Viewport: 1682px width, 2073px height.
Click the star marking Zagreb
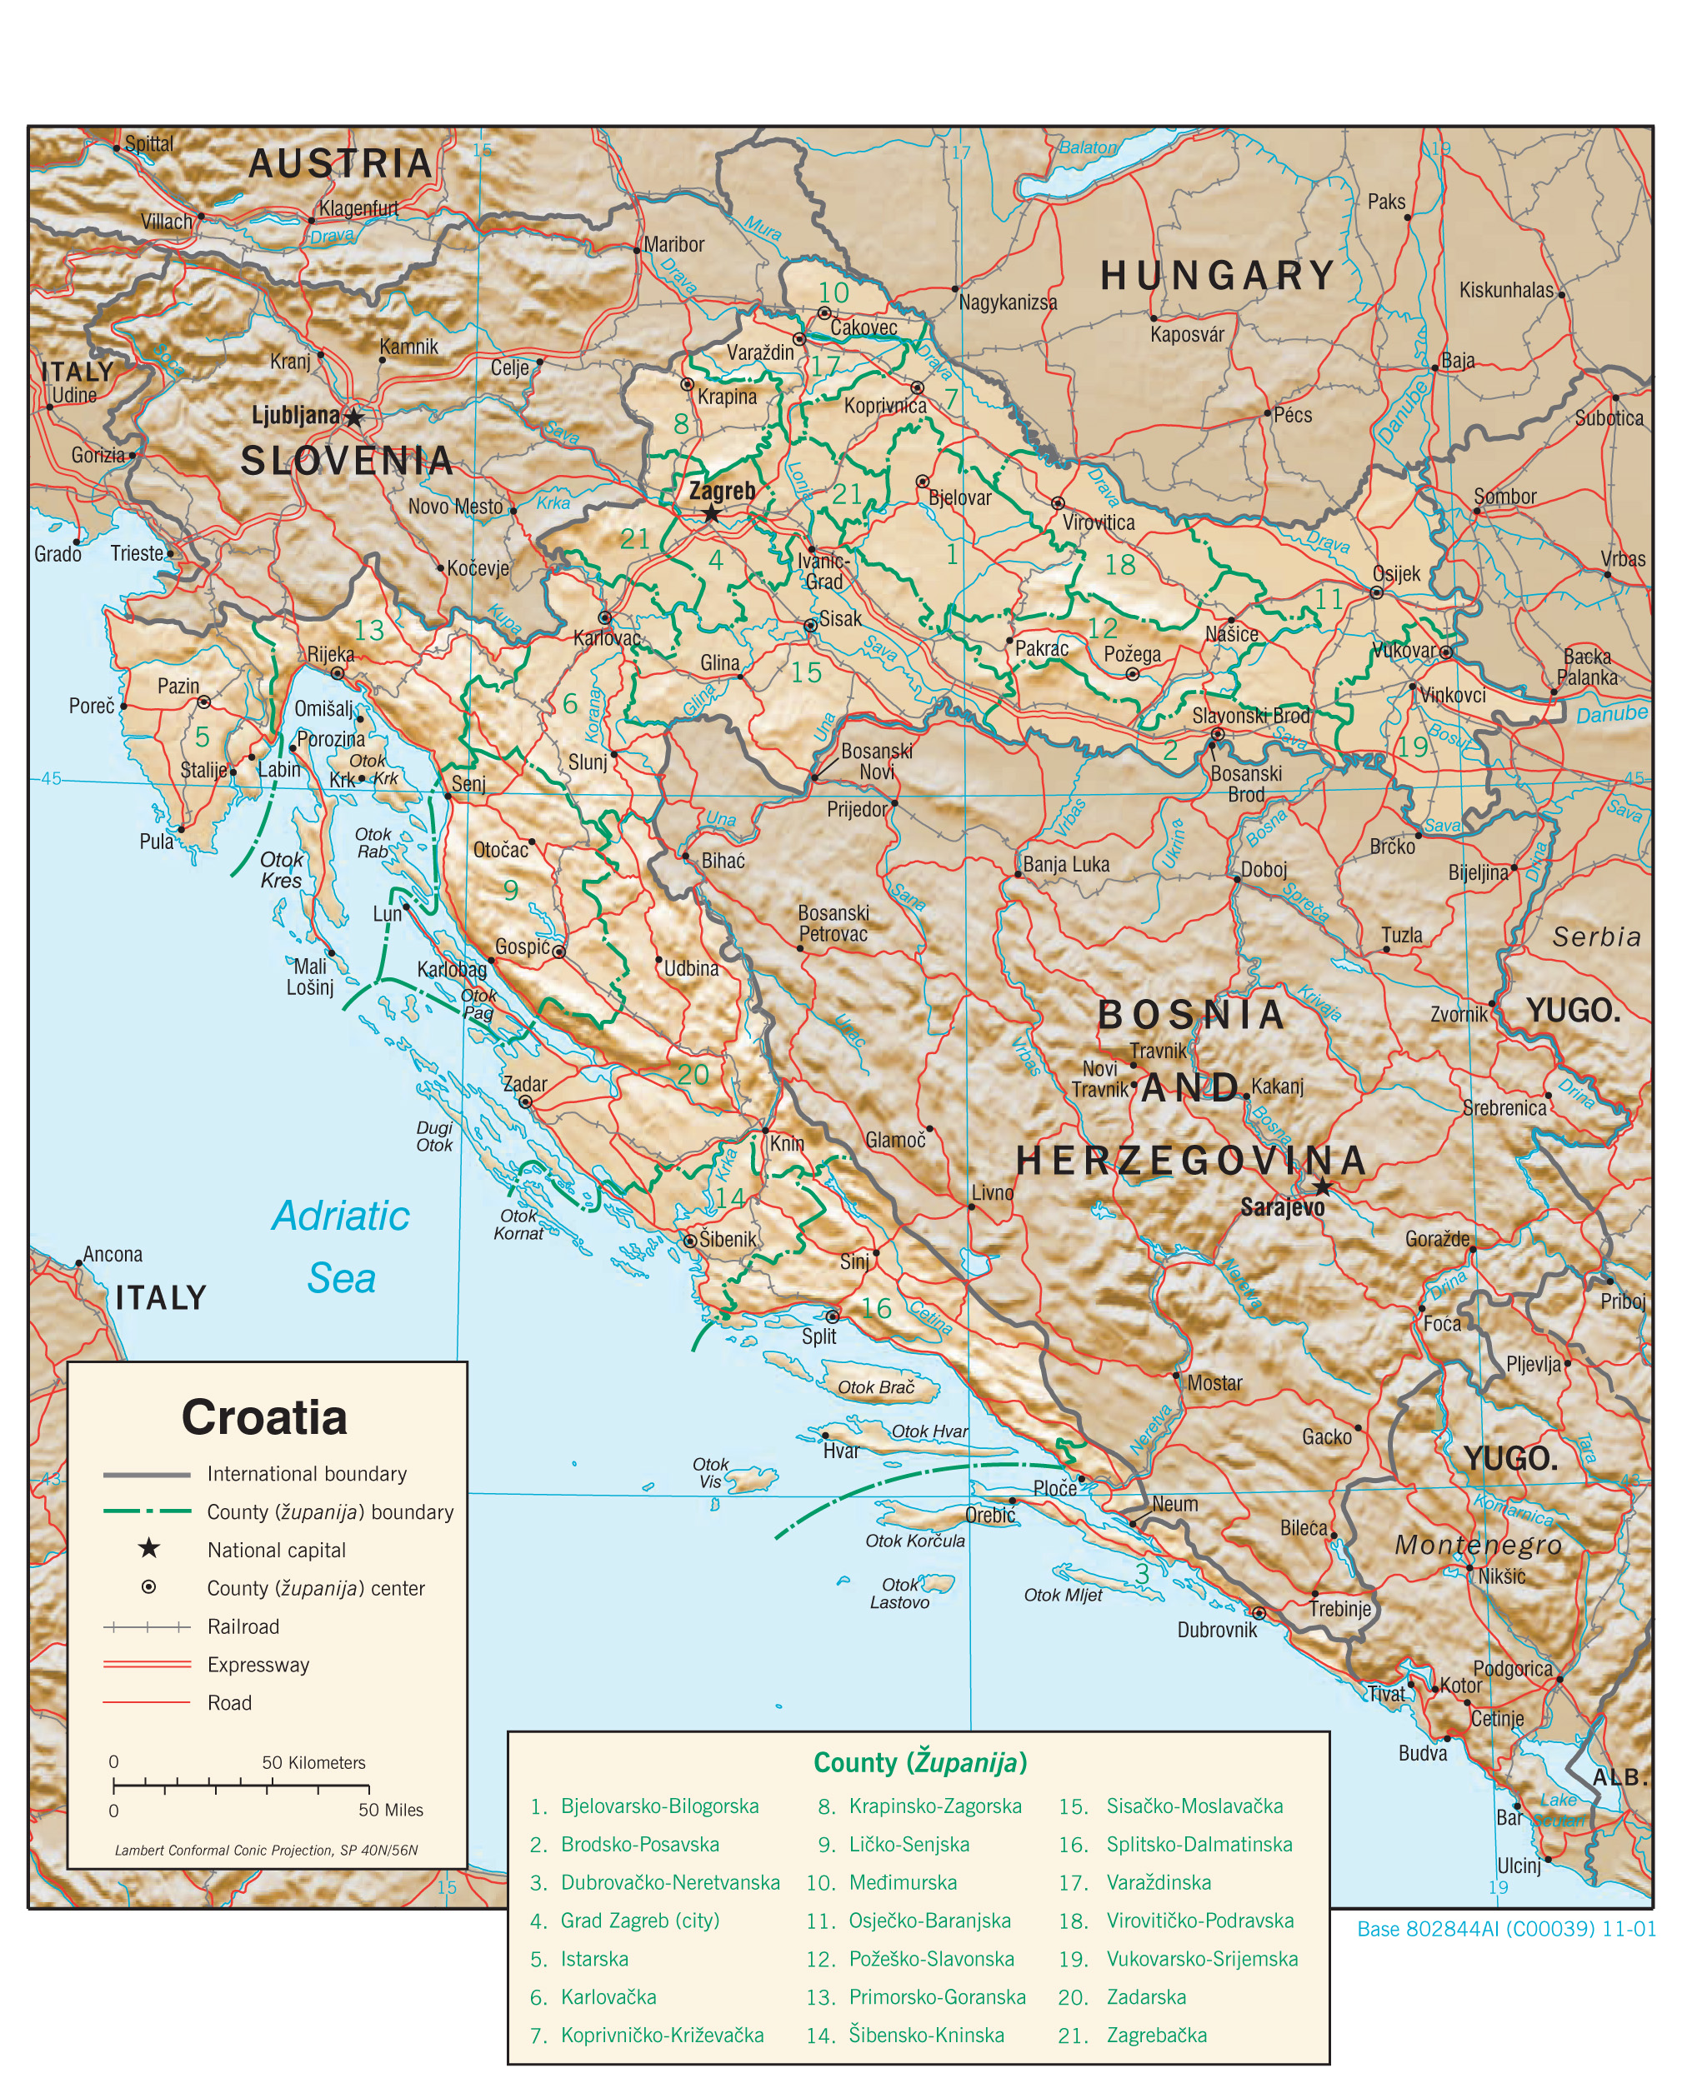711,513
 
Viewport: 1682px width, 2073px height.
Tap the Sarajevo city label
1282,1207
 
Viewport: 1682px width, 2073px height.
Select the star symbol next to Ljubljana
354,417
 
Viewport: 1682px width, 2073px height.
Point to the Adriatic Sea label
341,1246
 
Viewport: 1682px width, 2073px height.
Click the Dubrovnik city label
1216,1630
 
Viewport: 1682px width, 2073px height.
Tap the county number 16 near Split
876,1309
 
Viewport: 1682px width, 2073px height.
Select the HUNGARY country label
1218,276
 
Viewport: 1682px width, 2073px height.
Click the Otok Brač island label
876,1387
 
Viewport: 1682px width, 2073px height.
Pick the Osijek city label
1395,573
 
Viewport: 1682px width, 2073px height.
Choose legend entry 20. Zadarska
1146,1996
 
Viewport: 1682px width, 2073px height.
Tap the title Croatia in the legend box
263,1417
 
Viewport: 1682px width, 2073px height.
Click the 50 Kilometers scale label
314,1762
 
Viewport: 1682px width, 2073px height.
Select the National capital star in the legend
148,1548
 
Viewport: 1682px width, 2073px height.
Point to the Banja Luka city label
1066,864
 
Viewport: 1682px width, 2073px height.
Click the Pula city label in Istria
156,841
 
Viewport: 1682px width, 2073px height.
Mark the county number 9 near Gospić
511,889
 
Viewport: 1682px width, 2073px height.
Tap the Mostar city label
1214,1383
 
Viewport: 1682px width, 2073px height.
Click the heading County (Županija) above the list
919,1762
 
